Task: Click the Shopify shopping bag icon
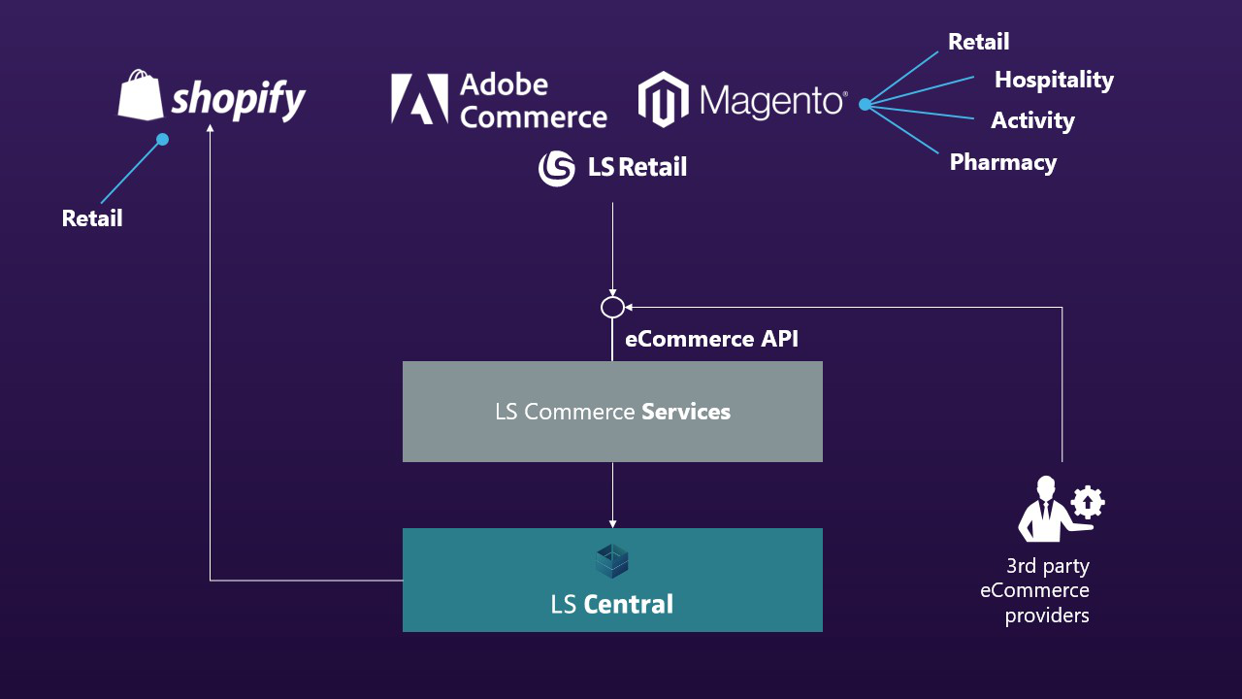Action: (x=142, y=95)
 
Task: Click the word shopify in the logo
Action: (x=239, y=99)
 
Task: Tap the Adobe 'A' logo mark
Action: (x=419, y=99)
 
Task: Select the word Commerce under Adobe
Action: (x=533, y=117)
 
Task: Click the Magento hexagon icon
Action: (x=663, y=99)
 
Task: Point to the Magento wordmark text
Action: (x=772, y=100)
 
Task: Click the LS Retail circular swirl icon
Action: (x=557, y=168)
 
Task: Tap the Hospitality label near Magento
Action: (x=1054, y=80)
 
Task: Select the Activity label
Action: (x=1032, y=121)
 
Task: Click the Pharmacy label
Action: (x=1002, y=162)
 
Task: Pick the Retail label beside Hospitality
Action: (x=978, y=42)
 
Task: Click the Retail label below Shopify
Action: (x=92, y=218)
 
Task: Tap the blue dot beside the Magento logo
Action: (x=865, y=104)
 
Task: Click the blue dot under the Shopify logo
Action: (x=162, y=140)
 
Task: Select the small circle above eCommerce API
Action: (x=612, y=308)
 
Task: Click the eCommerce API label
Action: (x=711, y=339)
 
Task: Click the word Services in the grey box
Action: (x=686, y=412)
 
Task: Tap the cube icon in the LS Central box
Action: (x=612, y=561)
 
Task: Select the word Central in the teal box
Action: (x=628, y=605)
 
